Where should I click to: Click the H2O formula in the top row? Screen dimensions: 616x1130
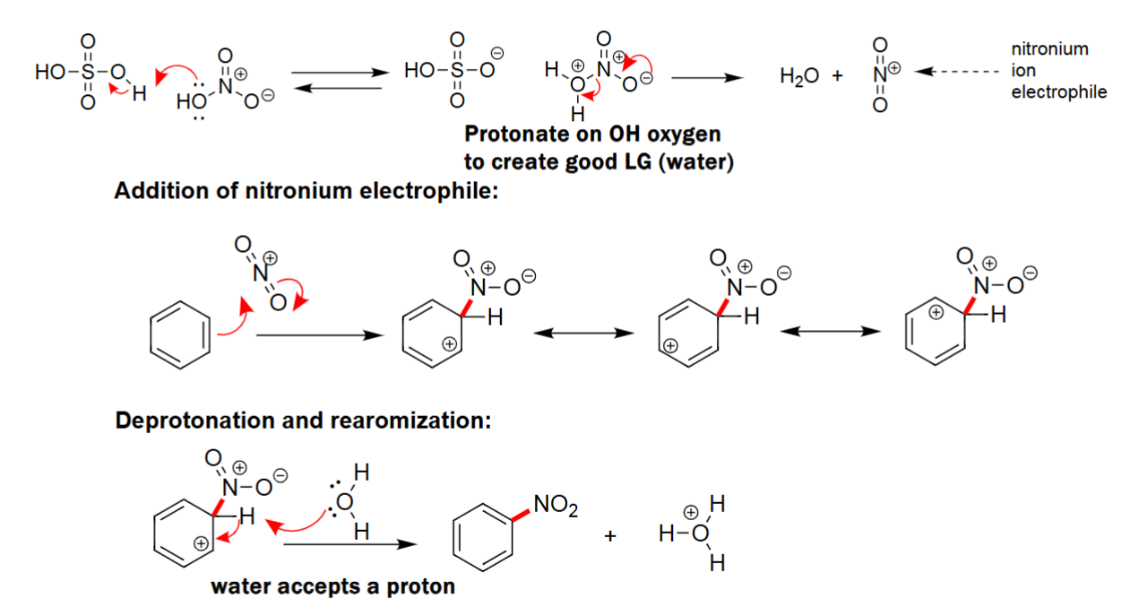799,77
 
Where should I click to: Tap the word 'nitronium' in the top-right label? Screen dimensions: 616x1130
1049,48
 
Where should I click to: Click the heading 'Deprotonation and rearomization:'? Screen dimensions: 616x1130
303,421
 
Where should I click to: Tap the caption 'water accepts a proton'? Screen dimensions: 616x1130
332,587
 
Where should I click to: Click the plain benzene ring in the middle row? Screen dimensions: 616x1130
180,336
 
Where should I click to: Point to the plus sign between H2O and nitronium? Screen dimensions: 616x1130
838,77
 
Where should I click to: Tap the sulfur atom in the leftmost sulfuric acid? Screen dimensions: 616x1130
87,73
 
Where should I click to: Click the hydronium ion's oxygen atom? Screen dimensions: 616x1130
700,536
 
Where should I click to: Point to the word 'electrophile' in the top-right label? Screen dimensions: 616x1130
1059,91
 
